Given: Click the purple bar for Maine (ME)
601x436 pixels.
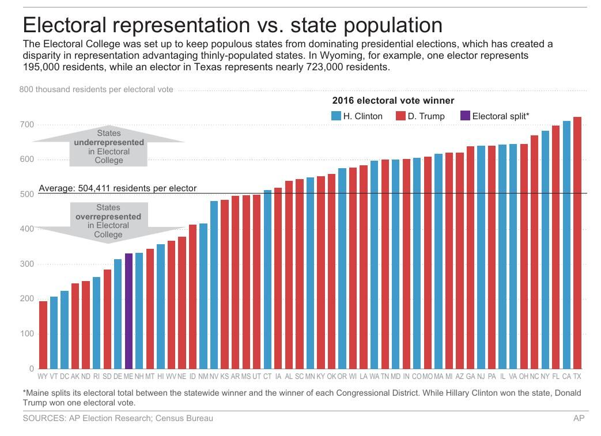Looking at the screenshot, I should click(128, 311).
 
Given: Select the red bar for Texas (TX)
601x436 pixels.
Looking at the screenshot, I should click(577, 242).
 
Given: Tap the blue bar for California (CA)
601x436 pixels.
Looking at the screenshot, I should click(566, 245).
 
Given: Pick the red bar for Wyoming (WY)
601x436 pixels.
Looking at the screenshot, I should click(43, 335).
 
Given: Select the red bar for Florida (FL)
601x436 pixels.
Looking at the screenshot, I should click(555, 247).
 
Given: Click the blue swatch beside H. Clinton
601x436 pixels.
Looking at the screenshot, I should click(336, 116).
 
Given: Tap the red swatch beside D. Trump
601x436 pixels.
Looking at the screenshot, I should click(400, 116).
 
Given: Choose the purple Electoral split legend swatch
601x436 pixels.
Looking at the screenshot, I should click(466, 116).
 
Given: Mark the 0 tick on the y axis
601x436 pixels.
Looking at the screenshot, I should click(31, 369).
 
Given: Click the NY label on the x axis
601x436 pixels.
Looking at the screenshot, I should click(545, 377).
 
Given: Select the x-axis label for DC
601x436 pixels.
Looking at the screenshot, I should click(65, 377).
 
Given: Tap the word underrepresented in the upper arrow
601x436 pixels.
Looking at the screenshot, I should click(108, 142).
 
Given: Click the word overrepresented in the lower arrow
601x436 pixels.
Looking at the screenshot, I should click(108, 217).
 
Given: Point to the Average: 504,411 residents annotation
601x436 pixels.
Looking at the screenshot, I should click(118, 188).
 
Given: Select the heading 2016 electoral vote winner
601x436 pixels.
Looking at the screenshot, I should click(393, 101).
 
